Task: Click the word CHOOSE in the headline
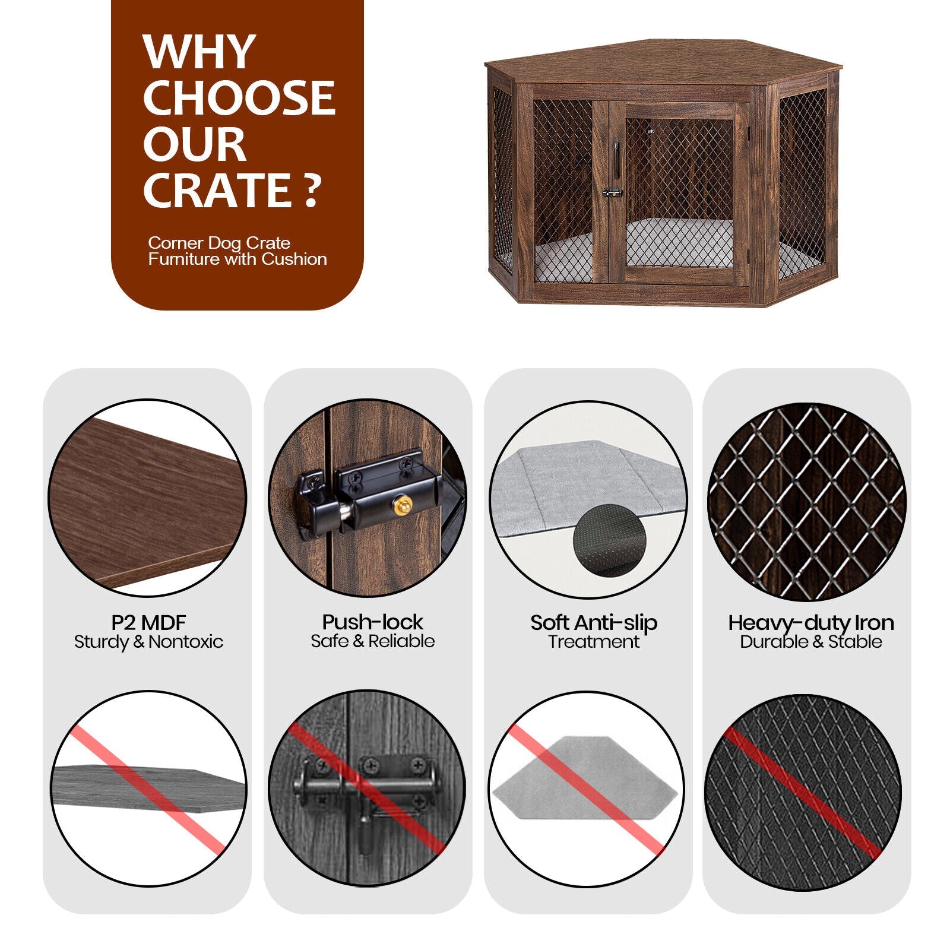(x=239, y=98)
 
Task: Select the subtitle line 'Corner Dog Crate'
(x=219, y=243)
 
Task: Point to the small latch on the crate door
(x=612, y=192)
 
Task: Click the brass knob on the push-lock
(x=402, y=505)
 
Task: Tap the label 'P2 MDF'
(x=148, y=622)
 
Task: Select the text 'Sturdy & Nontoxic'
(x=148, y=642)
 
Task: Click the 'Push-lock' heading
(x=372, y=622)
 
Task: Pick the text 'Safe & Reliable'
(x=372, y=641)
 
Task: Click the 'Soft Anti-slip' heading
(x=594, y=622)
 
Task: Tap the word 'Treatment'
(x=594, y=642)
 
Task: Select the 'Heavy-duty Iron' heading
(x=811, y=622)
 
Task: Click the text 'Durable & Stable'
(x=811, y=642)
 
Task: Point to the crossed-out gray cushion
(x=585, y=778)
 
